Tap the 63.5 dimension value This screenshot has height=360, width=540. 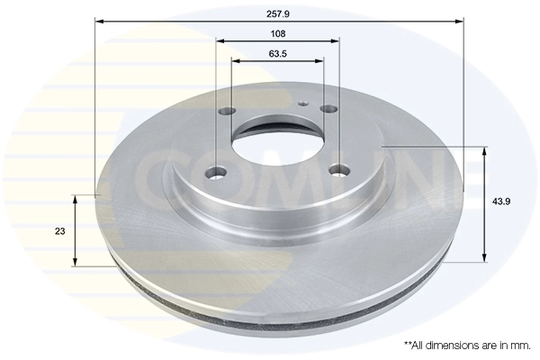click(x=277, y=53)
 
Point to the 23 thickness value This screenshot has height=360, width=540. click(x=59, y=231)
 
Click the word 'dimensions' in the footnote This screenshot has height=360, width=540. click(x=450, y=345)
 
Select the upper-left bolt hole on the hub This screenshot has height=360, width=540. click(x=226, y=112)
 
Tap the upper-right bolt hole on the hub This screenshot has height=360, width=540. click(x=328, y=109)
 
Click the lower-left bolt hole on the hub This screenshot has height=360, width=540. click(x=219, y=171)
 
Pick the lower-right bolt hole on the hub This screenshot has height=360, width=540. click(x=339, y=168)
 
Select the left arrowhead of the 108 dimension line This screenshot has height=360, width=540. click(x=220, y=40)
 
